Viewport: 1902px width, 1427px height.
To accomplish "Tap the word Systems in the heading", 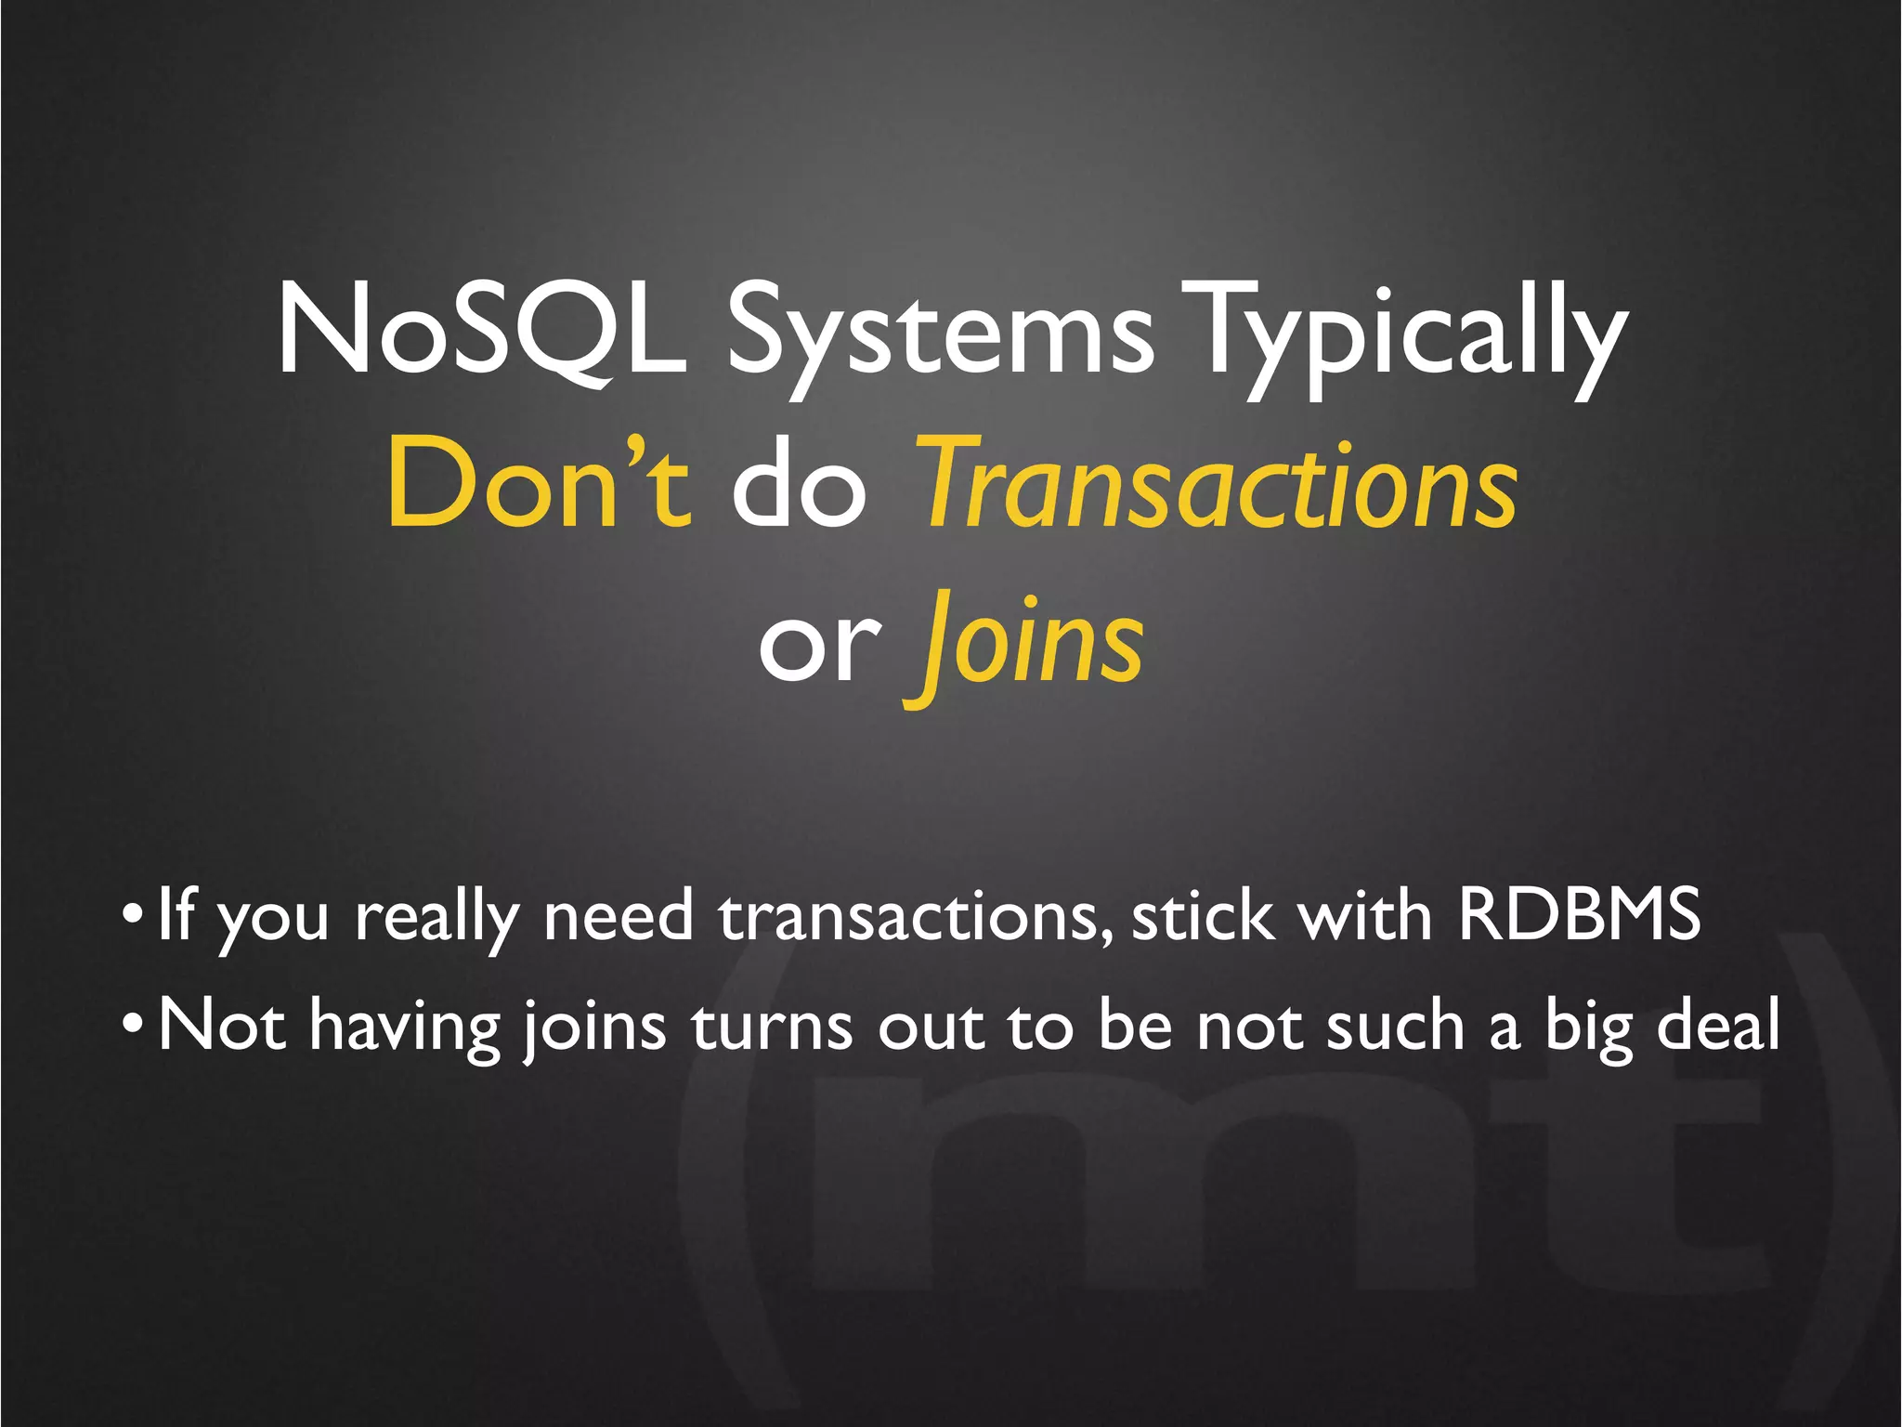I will [x=939, y=334].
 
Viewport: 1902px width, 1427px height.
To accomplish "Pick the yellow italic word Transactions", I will [x=1218, y=485].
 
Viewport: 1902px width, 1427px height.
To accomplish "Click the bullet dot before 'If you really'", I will [x=132, y=916].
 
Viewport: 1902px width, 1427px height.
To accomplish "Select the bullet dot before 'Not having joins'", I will [x=132, y=1024].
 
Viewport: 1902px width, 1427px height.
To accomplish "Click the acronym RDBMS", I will [x=1578, y=915].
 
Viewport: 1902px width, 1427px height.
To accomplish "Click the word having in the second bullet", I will [x=405, y=1028].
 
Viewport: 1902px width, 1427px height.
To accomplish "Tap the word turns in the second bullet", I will [x=772, y=1026].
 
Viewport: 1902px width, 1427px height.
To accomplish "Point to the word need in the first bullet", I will [x=618, y=916].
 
